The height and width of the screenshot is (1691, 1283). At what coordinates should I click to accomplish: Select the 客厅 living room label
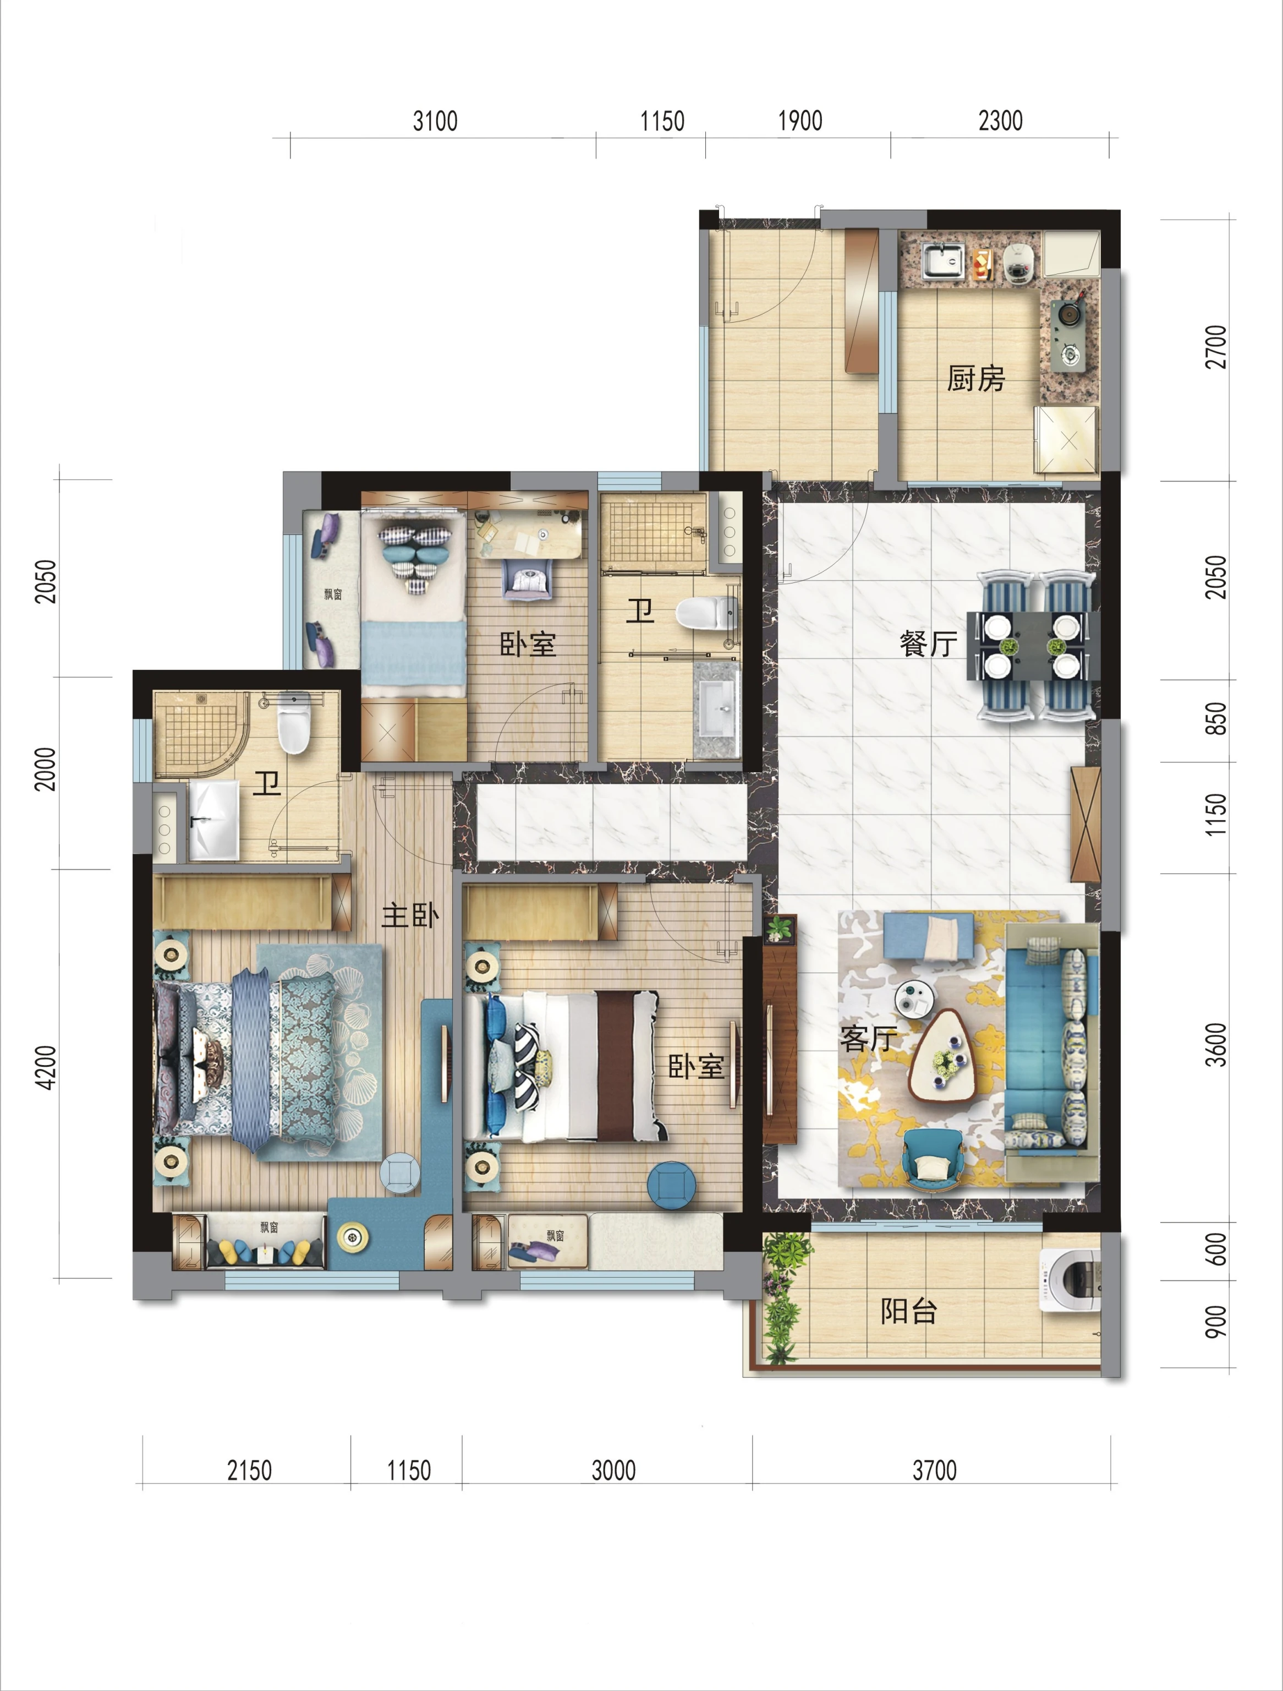868,1039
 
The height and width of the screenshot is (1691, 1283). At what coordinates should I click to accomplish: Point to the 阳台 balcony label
908,1311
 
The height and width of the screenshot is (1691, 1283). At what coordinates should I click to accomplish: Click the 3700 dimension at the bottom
934,1470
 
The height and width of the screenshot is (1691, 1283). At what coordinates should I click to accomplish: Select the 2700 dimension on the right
1215,347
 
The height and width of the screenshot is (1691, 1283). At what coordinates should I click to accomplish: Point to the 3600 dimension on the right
1215,1045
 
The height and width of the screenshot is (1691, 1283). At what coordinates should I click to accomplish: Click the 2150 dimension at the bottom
249,1470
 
